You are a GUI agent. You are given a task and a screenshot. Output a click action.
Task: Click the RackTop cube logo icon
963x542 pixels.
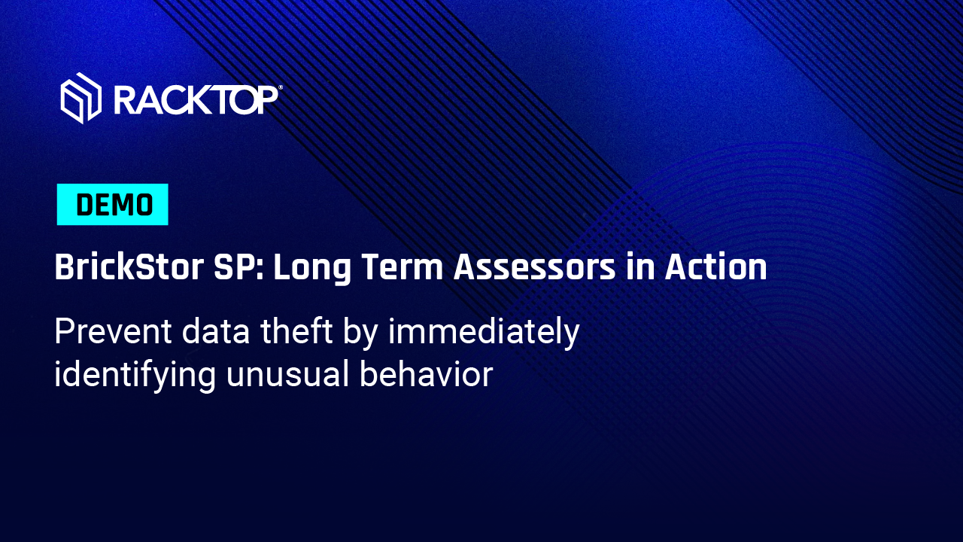pos(81,98)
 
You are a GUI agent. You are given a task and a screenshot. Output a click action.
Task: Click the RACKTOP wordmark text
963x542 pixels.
pos(196,100)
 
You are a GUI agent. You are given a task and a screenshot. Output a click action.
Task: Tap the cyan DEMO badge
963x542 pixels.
pos(112,204)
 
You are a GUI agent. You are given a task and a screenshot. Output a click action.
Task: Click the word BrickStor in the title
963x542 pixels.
pos(129,267)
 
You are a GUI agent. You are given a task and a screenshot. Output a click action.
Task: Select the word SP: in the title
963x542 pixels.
pos(239,267)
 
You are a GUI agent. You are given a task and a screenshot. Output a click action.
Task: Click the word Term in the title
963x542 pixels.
pos(403,267)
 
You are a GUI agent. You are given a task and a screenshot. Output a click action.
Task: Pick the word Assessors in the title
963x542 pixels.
pos(534,267)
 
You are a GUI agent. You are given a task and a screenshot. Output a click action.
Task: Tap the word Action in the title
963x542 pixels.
pos(715,267)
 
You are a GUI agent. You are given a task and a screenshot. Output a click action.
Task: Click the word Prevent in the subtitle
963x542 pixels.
pos(113,332)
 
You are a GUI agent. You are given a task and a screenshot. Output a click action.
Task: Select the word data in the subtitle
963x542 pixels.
pos(216,332)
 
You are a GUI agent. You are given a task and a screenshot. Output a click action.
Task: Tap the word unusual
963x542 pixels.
pos(287,375)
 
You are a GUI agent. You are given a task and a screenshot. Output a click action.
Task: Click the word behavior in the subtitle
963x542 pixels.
pos(426,375)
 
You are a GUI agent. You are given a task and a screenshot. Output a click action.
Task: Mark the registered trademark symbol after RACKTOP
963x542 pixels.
pos(281,88)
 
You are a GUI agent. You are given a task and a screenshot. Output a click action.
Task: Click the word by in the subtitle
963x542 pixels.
pos(360,333)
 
